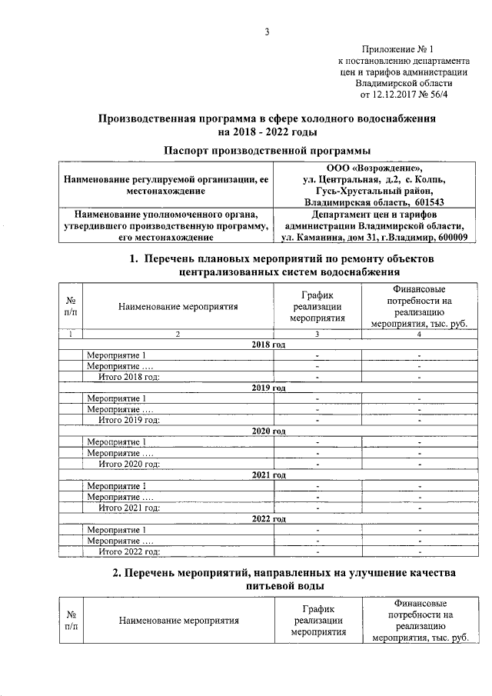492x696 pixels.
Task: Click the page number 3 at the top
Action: tap(267, 32)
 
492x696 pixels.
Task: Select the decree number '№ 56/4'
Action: tap(434, 95)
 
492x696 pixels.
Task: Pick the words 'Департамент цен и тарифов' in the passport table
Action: tap(374, 214)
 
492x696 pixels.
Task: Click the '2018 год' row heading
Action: tap(268, 345)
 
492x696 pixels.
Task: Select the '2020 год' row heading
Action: tap(268, 431)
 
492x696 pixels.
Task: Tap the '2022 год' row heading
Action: tap(268, 519)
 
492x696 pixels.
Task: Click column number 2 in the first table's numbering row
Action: tap(178, 334)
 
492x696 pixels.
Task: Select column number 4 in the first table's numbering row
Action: tap(419, 334)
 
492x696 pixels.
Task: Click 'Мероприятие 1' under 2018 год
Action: tap(116, 355)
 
